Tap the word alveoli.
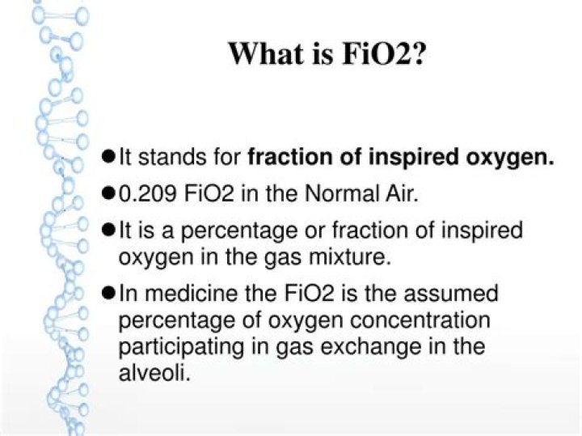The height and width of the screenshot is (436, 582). pos(154,374)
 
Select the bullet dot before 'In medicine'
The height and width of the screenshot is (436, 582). pos(111,293)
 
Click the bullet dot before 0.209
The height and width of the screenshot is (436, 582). pos(111,194)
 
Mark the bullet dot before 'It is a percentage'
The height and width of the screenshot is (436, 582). pos(111,231)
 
